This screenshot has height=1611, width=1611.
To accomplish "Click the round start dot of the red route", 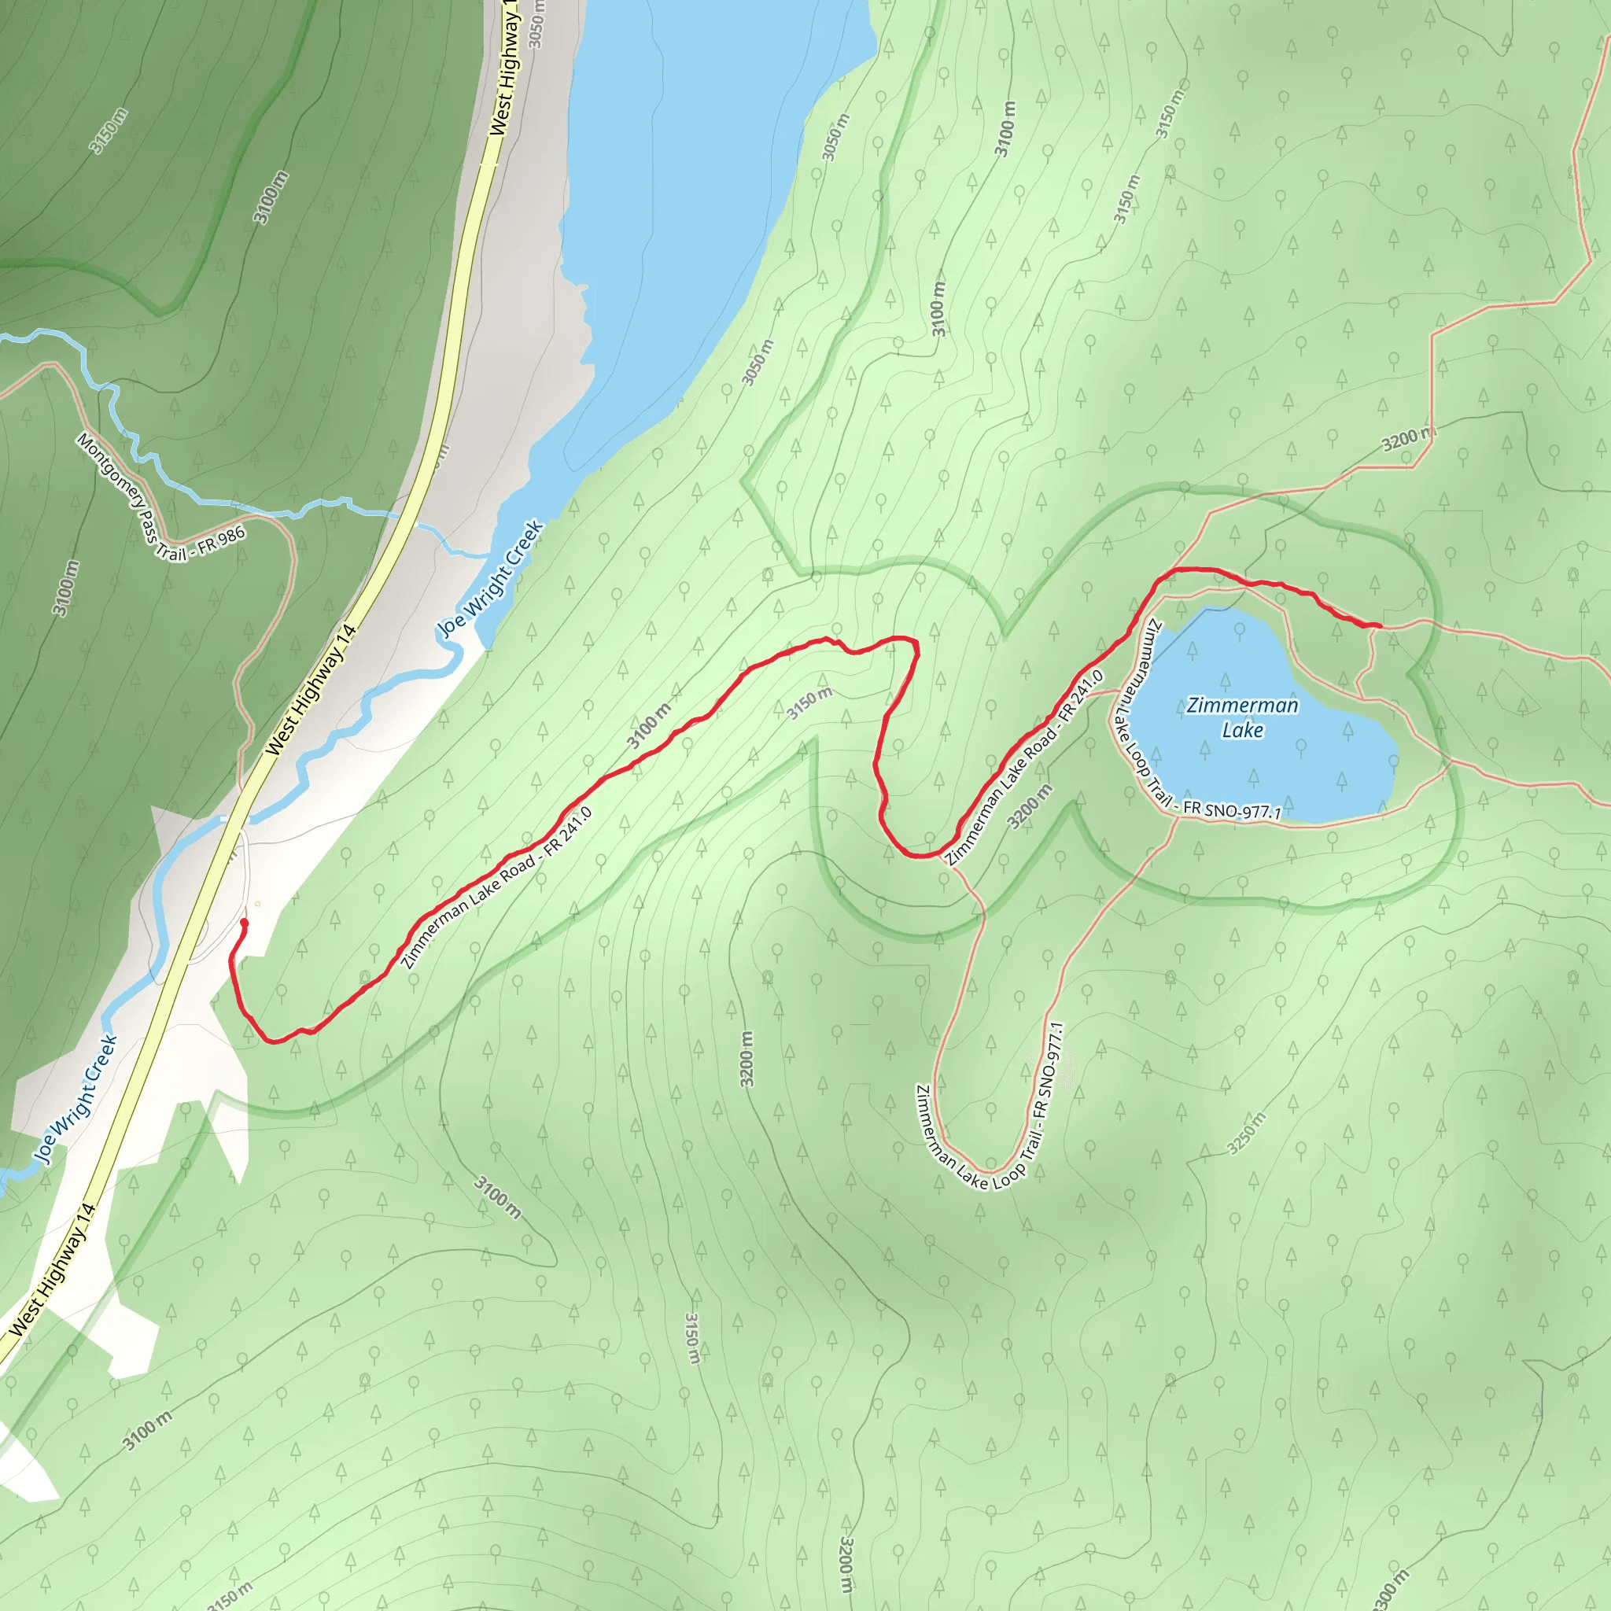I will click(244, 923).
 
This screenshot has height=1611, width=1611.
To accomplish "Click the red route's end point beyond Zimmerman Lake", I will click(1380, 625).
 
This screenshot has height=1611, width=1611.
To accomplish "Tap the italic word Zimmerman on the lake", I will click(1242, 706).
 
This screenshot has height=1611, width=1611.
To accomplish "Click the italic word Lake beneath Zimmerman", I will click(1242, 731).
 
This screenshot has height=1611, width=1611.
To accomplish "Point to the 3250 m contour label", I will click(1247, 1134).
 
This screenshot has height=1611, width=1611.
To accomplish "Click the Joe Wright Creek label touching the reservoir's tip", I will click(491, 579).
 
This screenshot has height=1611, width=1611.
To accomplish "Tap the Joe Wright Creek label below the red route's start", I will click(77, 1099).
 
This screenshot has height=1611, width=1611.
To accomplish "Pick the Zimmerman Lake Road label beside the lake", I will click(1026, 767).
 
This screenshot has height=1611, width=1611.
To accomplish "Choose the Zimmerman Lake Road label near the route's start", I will click(497, 888).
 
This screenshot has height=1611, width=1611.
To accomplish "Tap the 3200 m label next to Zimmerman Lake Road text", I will click(1030, 806).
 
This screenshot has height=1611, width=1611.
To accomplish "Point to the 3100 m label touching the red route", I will click(649, 725).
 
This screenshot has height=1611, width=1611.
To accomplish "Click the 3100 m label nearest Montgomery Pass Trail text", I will click(67, 588).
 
